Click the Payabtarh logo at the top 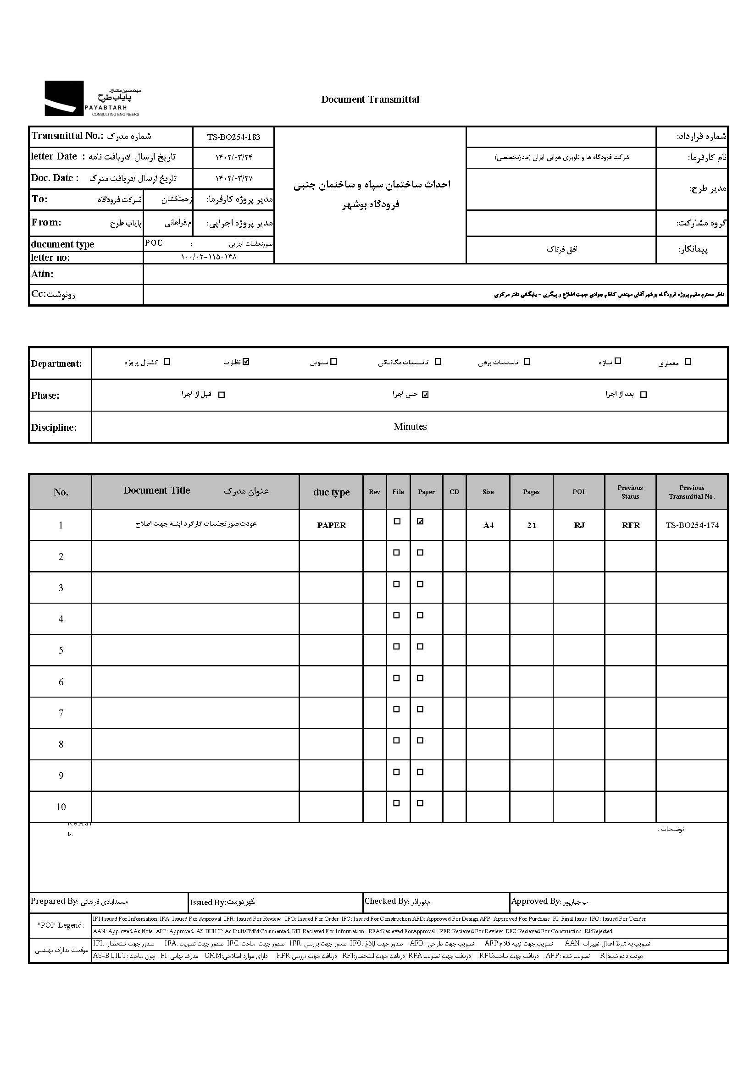pyautogui.click(x=92, y=99)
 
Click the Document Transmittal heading pyautogui.click(x=370, y=99)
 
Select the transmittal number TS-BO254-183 pyautogui.click(x=233, y=137)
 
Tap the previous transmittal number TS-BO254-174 pyautogui.click(x=692, y=525)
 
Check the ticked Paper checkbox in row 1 pyautogui.click(x=420, y=522)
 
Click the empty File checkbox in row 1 pyautogui.click(x=397, y=522)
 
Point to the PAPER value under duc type pyautogui.click(x=331, y=525)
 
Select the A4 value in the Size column pyautogui.click(x=488, y=526)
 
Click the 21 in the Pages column pyautogui.click(x=532, y=525)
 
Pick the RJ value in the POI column pyautogui.click(x=579, y=525)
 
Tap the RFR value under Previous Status pyautogui.click(x=630, y=525)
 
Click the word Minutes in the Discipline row pyautogui.click(x=410, y=427)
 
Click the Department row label pyautogui.click(x=56, y=364)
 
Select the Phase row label pyautogui.click(x=45, y=396)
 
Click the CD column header pyautogui.click(x=454, y=492)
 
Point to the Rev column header pyautogui.click(x=374, y=492)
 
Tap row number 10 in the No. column pyautogui.click(x=61, y=807)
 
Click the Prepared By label pyautogui.click(x=54, y=901)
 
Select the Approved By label pyautogui.click(x=535, y=901)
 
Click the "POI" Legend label pyautogui.click(x=61, y=925)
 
